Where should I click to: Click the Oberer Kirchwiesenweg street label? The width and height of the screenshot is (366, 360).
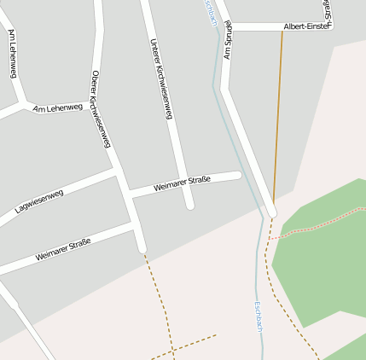(101, 108)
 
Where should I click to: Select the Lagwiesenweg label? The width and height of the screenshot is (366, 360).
(39, 201)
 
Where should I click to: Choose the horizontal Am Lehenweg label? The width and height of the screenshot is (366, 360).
(57, 108)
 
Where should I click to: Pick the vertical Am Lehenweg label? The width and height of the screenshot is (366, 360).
(12, 53)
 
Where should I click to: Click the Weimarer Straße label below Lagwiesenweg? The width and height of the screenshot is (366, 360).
(63, 248)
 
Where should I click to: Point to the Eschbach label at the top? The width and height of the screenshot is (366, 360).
(211, 12)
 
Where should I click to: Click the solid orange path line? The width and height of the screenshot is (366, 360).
(278, 111)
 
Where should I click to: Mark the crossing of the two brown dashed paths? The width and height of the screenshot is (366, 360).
(171, 349)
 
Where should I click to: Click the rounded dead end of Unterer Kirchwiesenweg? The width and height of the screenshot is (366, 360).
(190, 205)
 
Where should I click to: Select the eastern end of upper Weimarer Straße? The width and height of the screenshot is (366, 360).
(238, 175)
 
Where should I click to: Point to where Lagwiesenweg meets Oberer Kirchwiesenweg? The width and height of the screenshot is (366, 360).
(116, 171)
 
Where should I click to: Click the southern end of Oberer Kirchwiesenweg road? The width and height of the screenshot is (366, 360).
(142, 248)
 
